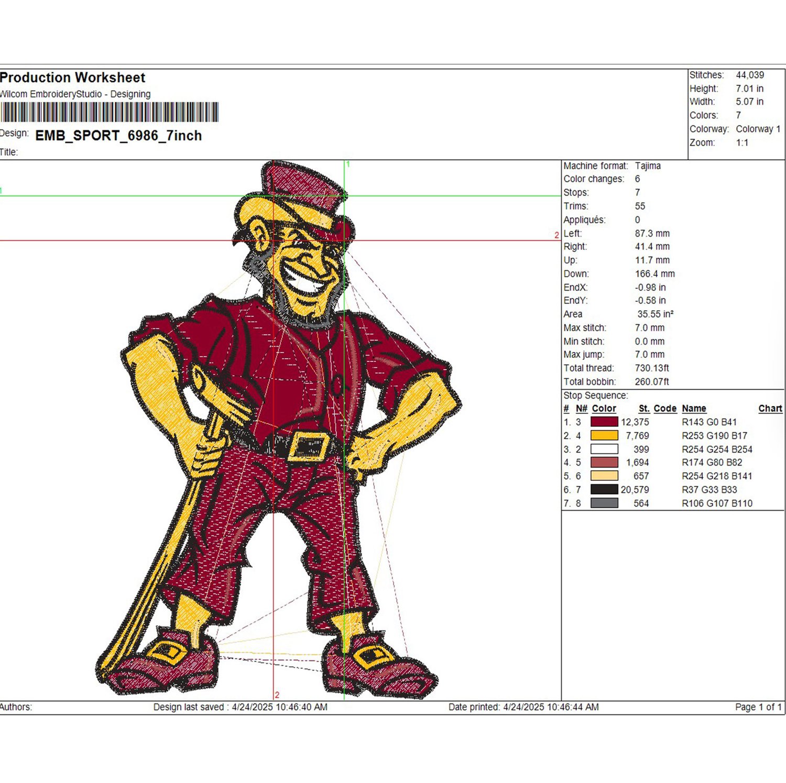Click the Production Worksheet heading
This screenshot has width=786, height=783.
(72, 78)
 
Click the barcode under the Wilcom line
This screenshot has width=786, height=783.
(109, 112)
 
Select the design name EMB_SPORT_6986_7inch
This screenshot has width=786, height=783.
(118, 136)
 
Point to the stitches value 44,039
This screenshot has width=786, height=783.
(750, 75)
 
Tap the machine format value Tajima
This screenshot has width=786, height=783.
(648, 166)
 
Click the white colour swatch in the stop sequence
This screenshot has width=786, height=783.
(604, 449)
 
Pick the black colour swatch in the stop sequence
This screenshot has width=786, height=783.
(604, 489)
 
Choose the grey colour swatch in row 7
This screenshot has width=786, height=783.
(604, 503)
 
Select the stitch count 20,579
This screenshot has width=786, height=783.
(635, 490)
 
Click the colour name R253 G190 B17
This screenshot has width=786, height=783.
(714, 435)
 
